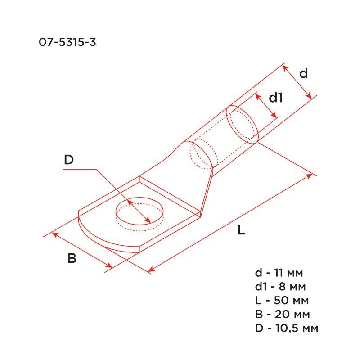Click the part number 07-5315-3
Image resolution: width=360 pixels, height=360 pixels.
click(67, 43)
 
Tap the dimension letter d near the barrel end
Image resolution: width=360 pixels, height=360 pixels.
click(304, 73)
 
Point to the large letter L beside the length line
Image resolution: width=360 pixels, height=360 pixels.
click(242, 231)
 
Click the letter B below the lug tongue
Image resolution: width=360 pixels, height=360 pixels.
click(72, 259)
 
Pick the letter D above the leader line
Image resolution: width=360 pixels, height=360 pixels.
click(68, 160)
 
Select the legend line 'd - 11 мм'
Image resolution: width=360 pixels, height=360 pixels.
click(279, 273)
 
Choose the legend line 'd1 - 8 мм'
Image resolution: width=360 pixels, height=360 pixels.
click(281, 287)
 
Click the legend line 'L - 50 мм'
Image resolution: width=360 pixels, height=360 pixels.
click(281, 301)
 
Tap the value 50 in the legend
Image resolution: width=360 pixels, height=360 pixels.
click(283, 301)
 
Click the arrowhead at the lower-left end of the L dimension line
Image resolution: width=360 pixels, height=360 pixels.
click(151, 270)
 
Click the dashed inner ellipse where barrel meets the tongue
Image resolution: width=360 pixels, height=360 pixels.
click(201, 155)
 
